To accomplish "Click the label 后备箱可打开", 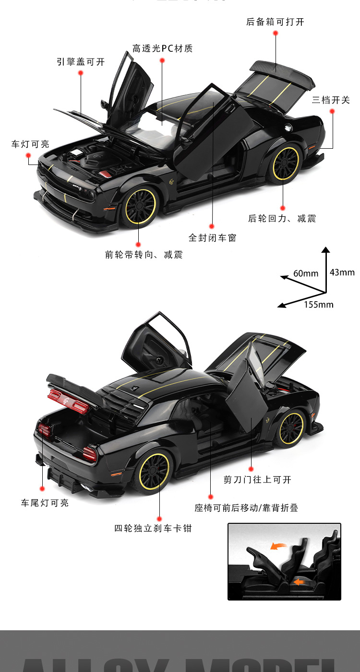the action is tap(275, 22).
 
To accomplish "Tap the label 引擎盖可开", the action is tap(80, 62).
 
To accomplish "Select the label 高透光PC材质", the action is tap(162, 48).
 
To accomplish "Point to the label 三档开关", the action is tap(331, 100).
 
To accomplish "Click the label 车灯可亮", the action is tap(30, 144).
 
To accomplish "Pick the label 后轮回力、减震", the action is tap(282, 219).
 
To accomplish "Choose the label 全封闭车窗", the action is tap(212, 237).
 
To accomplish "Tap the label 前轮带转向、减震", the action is tap(144, 255).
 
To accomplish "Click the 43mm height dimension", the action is tap(342, 272).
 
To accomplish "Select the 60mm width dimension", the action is tap(306, 273).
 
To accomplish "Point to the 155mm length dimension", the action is tap(318, 305).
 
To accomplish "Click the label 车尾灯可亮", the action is tap(45, 503).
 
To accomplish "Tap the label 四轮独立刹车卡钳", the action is tap(153, 529).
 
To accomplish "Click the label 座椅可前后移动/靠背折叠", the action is tap(246, 508).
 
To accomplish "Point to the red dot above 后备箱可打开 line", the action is tap(276, 33).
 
